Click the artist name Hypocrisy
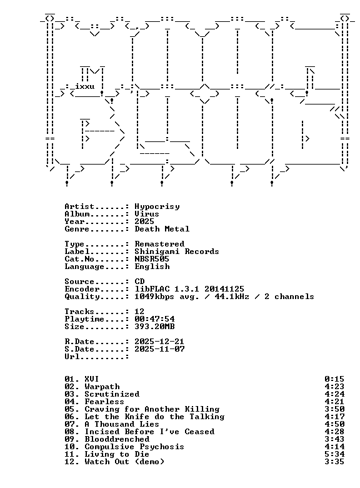pos(157,206)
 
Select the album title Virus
pos(147,214)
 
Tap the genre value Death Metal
pos(162,229)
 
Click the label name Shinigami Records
pos(177,252)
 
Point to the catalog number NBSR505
pos(152,259)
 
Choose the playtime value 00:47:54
pos(154,319)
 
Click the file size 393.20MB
pos(154,327)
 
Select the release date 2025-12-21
pos(159,342)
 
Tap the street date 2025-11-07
pos(159,349)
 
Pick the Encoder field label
pos(82,289)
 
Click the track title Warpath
pos(102,387)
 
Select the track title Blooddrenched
pos(117,439)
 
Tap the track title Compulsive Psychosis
pos(134,447)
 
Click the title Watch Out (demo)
pos(124,462)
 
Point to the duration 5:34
pos(334,454)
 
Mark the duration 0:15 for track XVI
pos(334,379)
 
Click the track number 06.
pos(69,417)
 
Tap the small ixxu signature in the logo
pos(84,86)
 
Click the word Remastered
pos(159,244)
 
